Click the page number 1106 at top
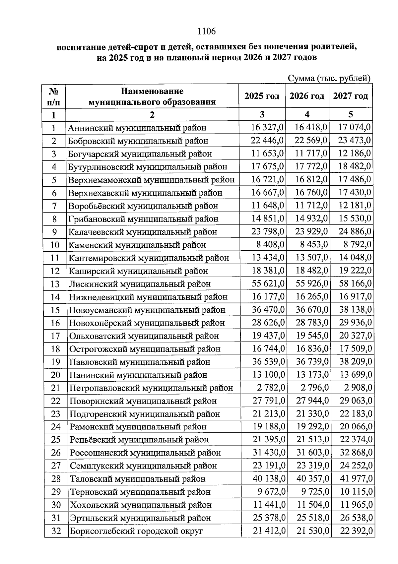tap(206, 31)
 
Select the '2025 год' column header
tap(262, 96)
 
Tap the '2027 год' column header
tap(351, 96)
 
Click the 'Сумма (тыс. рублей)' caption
tap(329, 79)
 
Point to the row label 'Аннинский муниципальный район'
tap(137, 128)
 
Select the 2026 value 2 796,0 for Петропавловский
tap(313, 387)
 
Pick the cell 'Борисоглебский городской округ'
tap(136, 531)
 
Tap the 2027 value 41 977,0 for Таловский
tap(356, 478)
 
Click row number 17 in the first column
tap(55, 336)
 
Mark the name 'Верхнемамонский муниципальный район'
tap(151, 180)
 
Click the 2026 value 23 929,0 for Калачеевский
tap(311, 231)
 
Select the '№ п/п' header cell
tap(54, 96)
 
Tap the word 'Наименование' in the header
tap(152, 91)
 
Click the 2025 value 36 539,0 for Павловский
tap(268, 361)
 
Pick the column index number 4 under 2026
tap(307, 115)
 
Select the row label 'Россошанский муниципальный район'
tap(145, 453)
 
